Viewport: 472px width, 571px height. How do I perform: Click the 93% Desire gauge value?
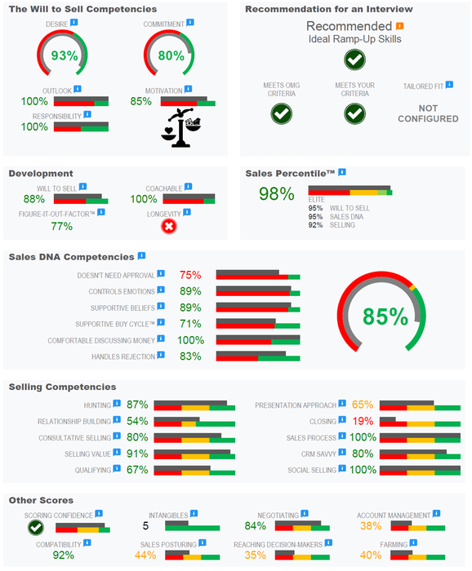coord(65,56)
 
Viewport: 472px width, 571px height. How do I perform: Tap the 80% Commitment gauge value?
coord(171,56)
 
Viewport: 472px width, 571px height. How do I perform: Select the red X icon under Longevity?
coord(169,226)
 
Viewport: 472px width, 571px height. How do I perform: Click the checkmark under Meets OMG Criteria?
coord(282,113)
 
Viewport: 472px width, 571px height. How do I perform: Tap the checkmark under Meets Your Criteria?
coord(354,113)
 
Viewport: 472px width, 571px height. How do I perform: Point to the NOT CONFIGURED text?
coord(428,113)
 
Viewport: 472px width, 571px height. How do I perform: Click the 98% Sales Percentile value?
coord(276,194)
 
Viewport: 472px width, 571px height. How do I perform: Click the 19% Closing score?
coord(363,422)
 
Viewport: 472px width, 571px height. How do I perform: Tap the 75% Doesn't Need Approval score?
coord(190,275)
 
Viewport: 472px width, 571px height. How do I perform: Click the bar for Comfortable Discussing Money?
coord(257,341)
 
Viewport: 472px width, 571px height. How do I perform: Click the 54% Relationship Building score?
coord(137,422)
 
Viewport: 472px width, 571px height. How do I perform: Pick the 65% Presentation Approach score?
coord(363,405)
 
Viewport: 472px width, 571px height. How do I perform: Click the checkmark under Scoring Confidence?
coord(34,528)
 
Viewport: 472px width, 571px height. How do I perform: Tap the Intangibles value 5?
coord(145,526)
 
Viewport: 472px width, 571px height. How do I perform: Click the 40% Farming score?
coord(370,555)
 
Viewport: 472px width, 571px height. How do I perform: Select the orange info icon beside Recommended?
coord(399,26)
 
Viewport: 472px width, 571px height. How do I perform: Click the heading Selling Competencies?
coord(62,387)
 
